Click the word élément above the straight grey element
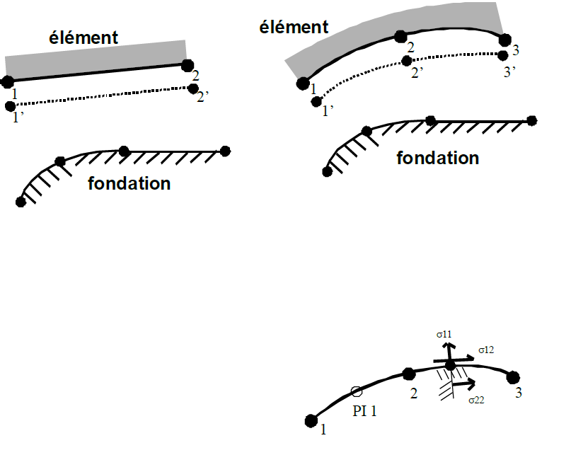(83, 37)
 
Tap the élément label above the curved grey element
(294, 27)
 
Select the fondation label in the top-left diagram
(129, 184)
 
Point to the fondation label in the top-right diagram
(437, 158)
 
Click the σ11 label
(444, 333)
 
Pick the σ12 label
(485, 350)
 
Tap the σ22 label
(476, 400)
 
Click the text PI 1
(364, 409)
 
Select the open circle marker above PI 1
(357, 391)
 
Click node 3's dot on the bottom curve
(513, 376)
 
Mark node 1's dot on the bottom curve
(310, 421)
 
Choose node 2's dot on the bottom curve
(408, 374)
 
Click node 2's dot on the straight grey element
(188, 66)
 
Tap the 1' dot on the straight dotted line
(10, 106)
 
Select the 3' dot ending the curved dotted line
(503, 55)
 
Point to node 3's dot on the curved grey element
(504, 40)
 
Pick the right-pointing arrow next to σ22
(463, 385)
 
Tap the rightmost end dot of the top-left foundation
(225, 151)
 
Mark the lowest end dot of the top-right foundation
(327, 171)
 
